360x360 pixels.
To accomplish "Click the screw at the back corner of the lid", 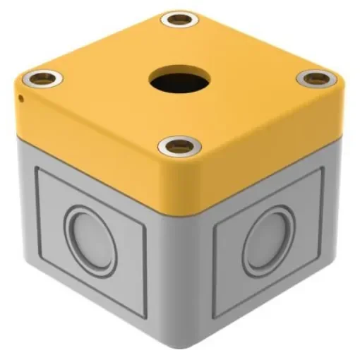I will [x=179, y=19].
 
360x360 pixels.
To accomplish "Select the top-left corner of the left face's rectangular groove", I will [x=37, y=168].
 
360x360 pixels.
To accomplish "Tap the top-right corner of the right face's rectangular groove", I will [x=323, y=169].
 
